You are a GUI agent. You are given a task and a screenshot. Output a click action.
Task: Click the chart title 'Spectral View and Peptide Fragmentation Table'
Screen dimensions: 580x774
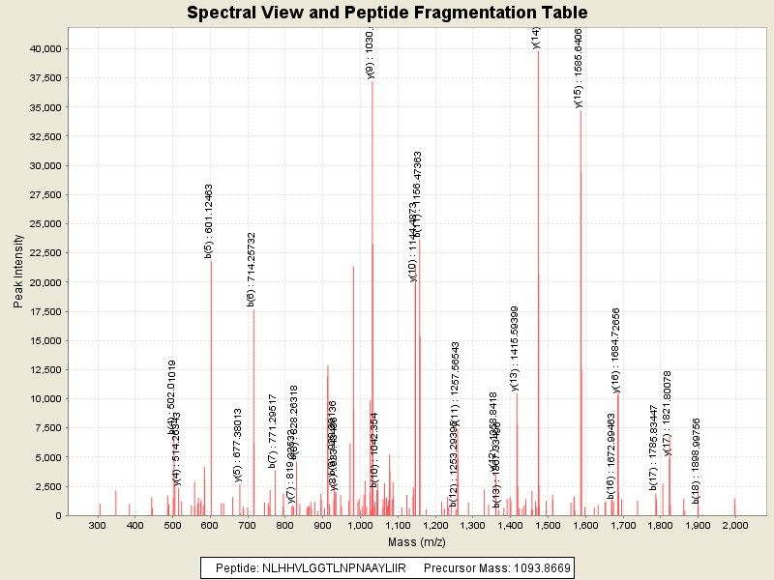pyautogui.click(x=387, y=13)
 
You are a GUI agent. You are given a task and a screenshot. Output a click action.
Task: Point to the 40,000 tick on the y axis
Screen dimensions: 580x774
pyautogui.click(x=46, y=48)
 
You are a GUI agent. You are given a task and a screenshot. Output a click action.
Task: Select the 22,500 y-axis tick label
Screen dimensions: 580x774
pyautogui.click(x=46, y=252)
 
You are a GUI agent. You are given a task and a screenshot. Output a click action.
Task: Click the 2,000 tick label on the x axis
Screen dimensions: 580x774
pyautogui.click(x=734, y=525)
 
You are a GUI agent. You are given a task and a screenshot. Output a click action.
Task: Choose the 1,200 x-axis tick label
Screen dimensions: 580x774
pyautogui.click(x=434, y=525)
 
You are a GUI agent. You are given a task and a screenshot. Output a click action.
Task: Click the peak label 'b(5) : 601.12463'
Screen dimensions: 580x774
pyautogui.click(x=209, y=221)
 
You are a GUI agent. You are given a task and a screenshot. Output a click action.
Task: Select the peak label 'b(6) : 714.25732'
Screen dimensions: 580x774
pyautogui.click(x=252, y=270)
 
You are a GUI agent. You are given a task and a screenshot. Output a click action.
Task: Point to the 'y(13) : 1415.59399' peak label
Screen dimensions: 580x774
pyautogui.click(x=515, y=349)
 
